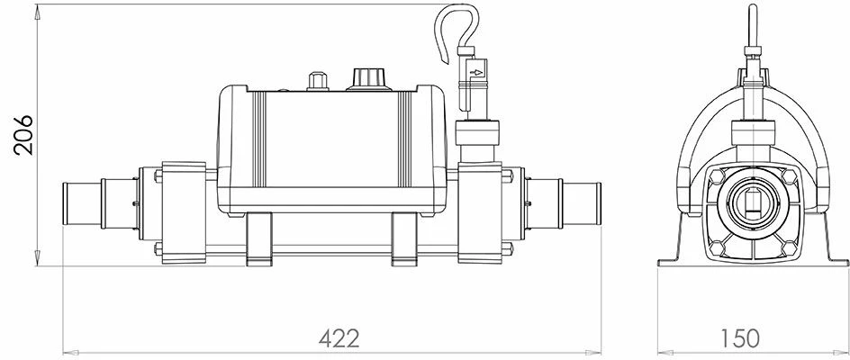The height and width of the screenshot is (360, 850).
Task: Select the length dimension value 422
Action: [339, 338]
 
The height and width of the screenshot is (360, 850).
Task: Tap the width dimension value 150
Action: [740, 338]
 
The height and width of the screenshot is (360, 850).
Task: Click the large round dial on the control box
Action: [366, 79]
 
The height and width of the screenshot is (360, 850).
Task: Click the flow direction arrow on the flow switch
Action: [479, 67]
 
